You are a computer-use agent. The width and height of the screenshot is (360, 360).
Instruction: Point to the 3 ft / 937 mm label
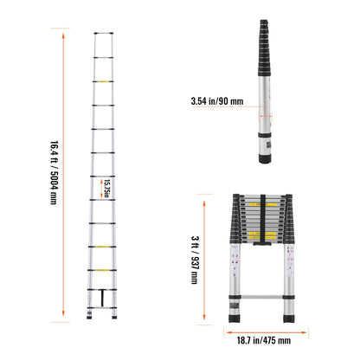(x=193, y=256)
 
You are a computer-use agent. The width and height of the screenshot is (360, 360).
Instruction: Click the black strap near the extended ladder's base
(x=105, y=299)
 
